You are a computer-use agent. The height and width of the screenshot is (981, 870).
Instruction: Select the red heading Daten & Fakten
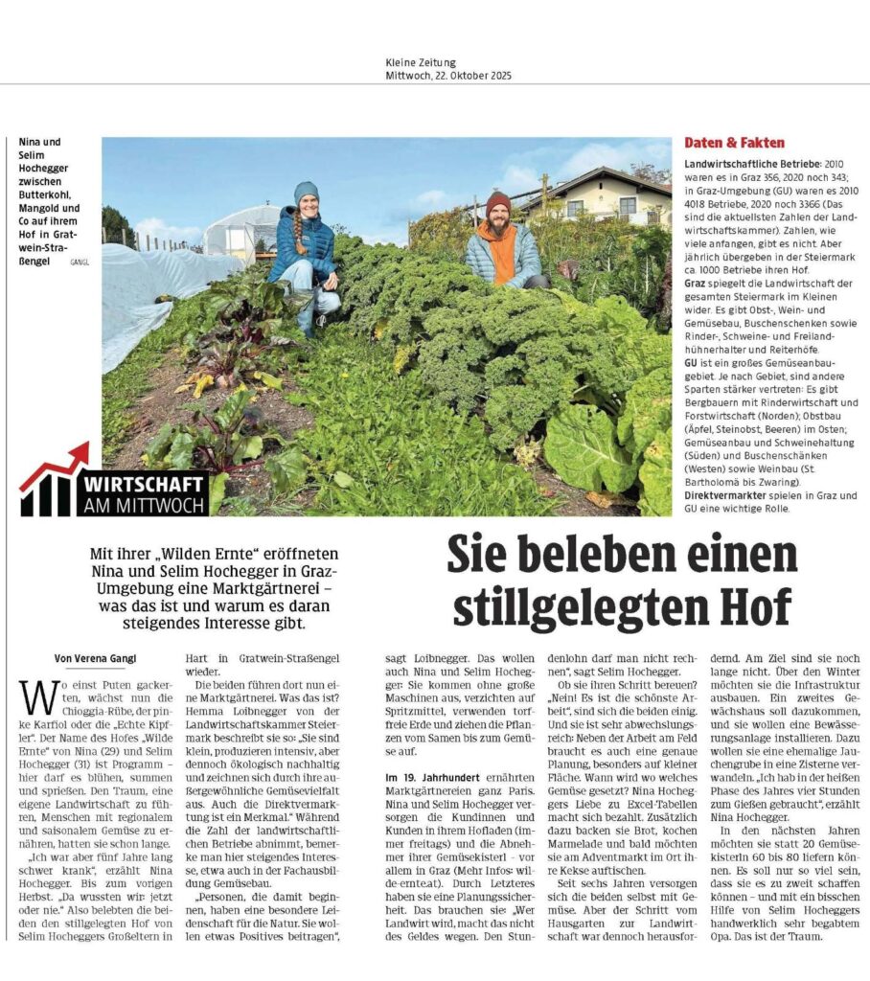721,143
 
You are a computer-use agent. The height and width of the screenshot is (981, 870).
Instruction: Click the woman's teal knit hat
306,192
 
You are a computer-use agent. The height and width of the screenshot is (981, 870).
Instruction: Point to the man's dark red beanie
497,202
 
